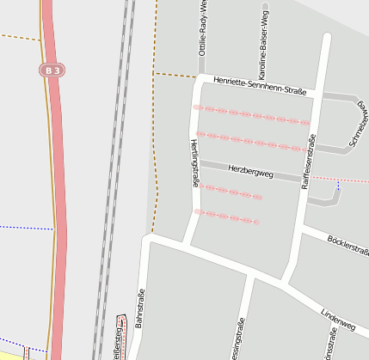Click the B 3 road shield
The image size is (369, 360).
coord(52,69)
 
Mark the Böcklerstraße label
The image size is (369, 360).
coord(347,245)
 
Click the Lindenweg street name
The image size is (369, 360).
coord(337,320)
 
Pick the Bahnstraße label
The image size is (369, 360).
coord(139,310)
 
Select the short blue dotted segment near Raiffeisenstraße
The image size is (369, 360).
coord(338,185)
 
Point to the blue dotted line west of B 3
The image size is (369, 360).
coord(26,228)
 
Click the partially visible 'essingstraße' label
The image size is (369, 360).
coord(237,340)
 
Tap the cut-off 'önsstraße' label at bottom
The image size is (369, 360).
coord(327,347)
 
